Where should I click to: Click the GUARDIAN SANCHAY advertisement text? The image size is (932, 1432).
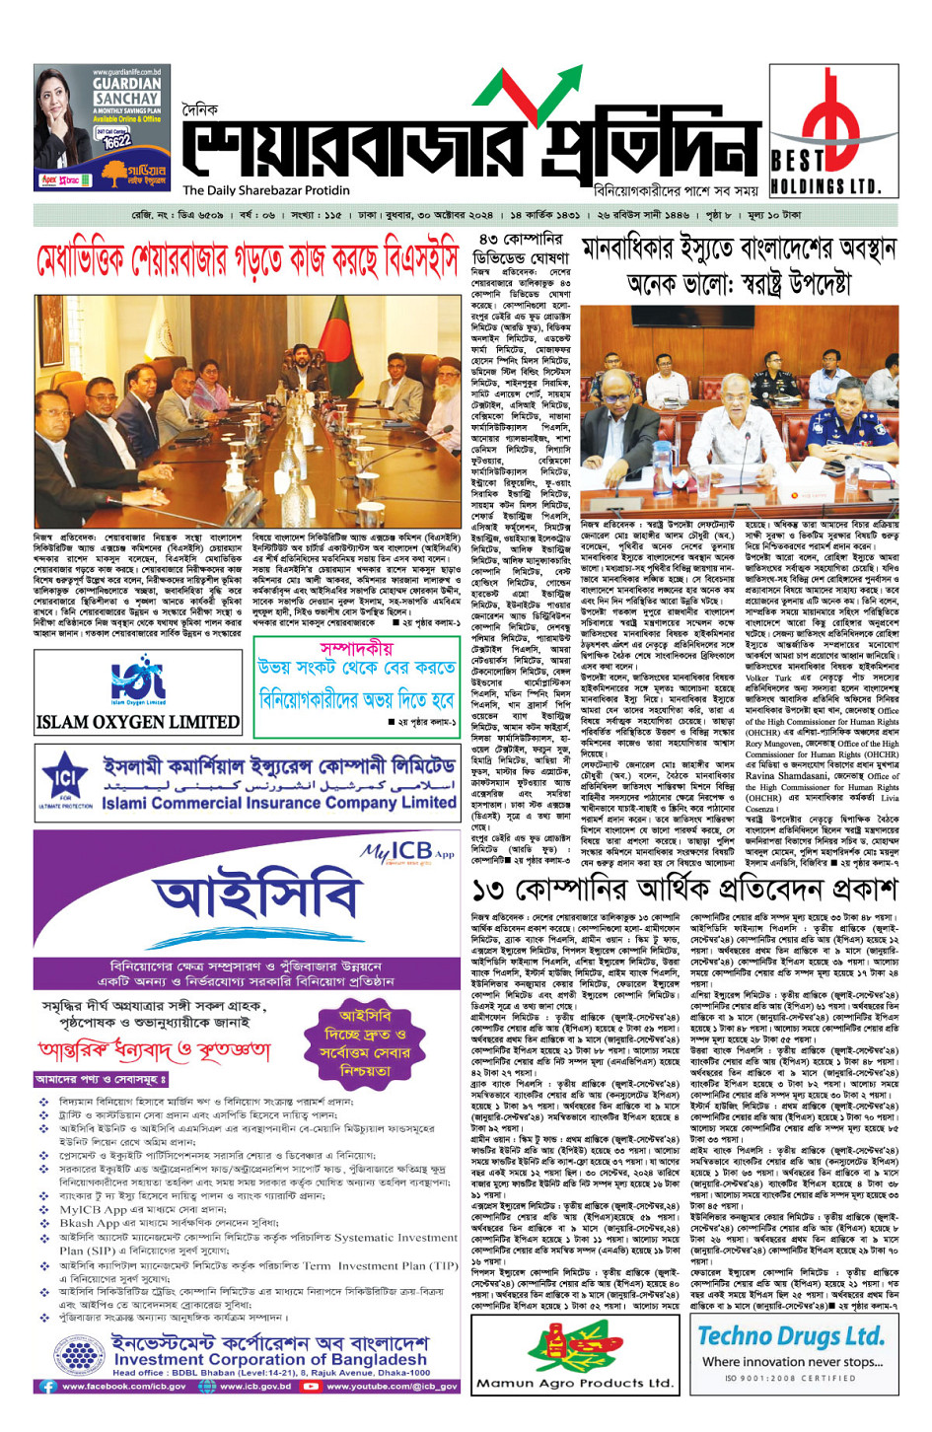click(x=125, y=92)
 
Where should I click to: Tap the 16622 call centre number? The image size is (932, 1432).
click(x=116, y=141)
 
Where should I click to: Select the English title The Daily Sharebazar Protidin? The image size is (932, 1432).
click(x=266, y=190)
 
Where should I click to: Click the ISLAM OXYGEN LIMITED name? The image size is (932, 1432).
click(x=137, y=722)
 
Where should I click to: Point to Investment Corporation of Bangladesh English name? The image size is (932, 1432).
click(x=271, y=1359)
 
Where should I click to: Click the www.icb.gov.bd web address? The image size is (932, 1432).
click(x=255, y=1386)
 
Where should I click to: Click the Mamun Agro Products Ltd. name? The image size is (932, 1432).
click(x=574, y=1383)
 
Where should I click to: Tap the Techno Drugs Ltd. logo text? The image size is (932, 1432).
click(x=790, y=1335)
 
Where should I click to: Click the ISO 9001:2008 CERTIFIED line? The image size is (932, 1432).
click(x=790, y=1378)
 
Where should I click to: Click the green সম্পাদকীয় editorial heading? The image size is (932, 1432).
click(x=356, y=647)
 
